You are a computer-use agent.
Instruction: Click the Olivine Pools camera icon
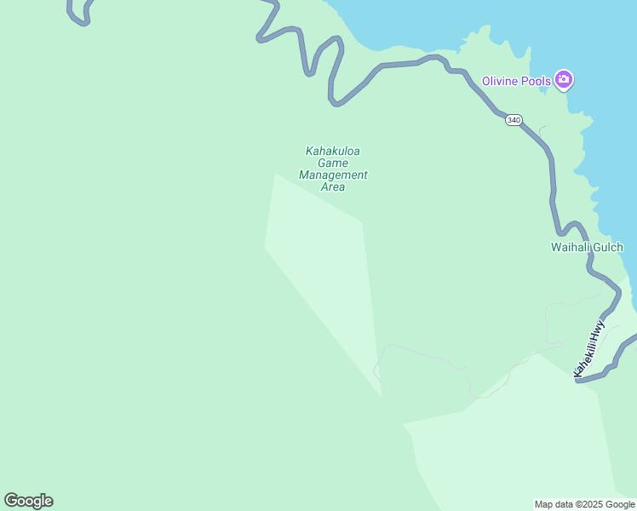coord(563,80)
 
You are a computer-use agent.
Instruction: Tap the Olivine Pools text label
coord(516,81)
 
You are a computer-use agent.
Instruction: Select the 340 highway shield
coord(513,120)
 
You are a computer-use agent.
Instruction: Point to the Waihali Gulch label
coord(587,248)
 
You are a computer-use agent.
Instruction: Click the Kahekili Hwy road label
coord(589,347)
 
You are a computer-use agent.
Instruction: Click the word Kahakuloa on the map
coord(333,152)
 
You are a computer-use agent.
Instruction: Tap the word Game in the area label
coord(333,164)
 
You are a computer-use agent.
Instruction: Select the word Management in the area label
coord(333,175)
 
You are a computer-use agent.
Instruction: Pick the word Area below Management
coord(333,187)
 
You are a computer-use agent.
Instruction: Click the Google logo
coord(28,501)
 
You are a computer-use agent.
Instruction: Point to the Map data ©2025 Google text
coord(584,504)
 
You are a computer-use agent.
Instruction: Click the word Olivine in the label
coord(500,81)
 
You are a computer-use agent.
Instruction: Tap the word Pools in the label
coord(535,81)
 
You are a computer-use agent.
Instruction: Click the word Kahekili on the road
coord(585,356)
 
